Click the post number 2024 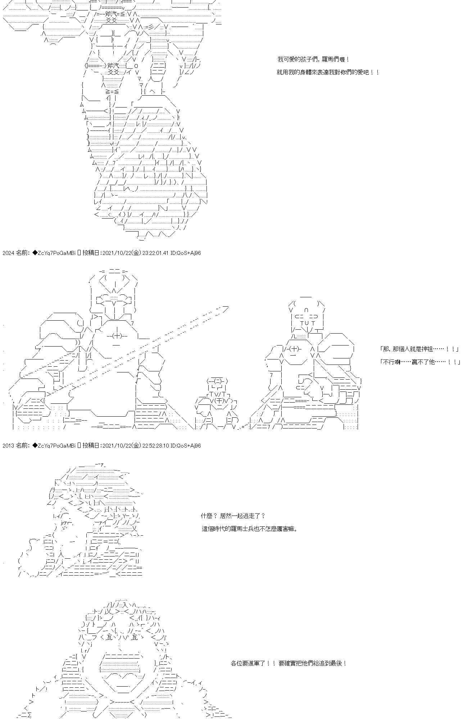tap(8, 253)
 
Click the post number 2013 tap(8, 446)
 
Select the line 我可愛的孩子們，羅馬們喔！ tap(313, 59)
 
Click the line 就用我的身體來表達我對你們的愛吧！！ tap(328, 72)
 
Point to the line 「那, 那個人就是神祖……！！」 tap(419, 349)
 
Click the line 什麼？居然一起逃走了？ tap(233, 516)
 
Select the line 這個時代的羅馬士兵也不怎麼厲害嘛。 tap(250, 529)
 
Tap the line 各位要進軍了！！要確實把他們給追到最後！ tap(289, 663)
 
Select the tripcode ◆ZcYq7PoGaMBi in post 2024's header tap(54, 253)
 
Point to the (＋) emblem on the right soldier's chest tap(295, 349)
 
